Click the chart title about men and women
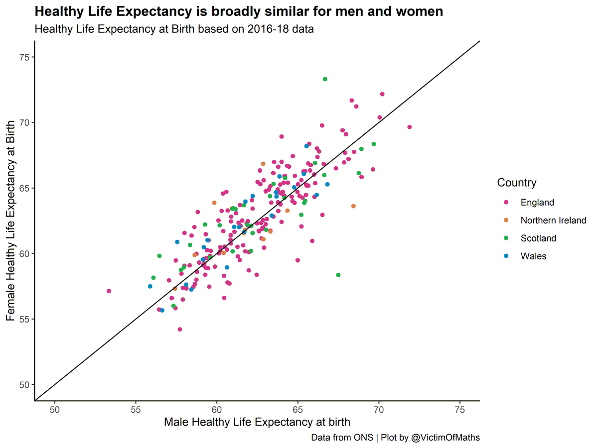click(239, 11)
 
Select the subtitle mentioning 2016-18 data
click(174, 29)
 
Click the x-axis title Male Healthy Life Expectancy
click(257, 422)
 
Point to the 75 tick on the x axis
click(460, 409)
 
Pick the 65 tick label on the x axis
click(298, 409)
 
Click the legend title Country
click(517, 183)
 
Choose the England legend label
click(537, 202)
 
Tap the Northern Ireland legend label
click(553, 220)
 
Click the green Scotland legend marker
click(506, 238)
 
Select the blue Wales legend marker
click(506, 256)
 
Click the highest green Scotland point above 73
click(325, 79)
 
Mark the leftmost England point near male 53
click(109, 291)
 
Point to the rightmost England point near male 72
click(410, 127)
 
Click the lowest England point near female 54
click(180, 329)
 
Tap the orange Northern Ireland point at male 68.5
click(353, 206)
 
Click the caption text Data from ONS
click(342, 438)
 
